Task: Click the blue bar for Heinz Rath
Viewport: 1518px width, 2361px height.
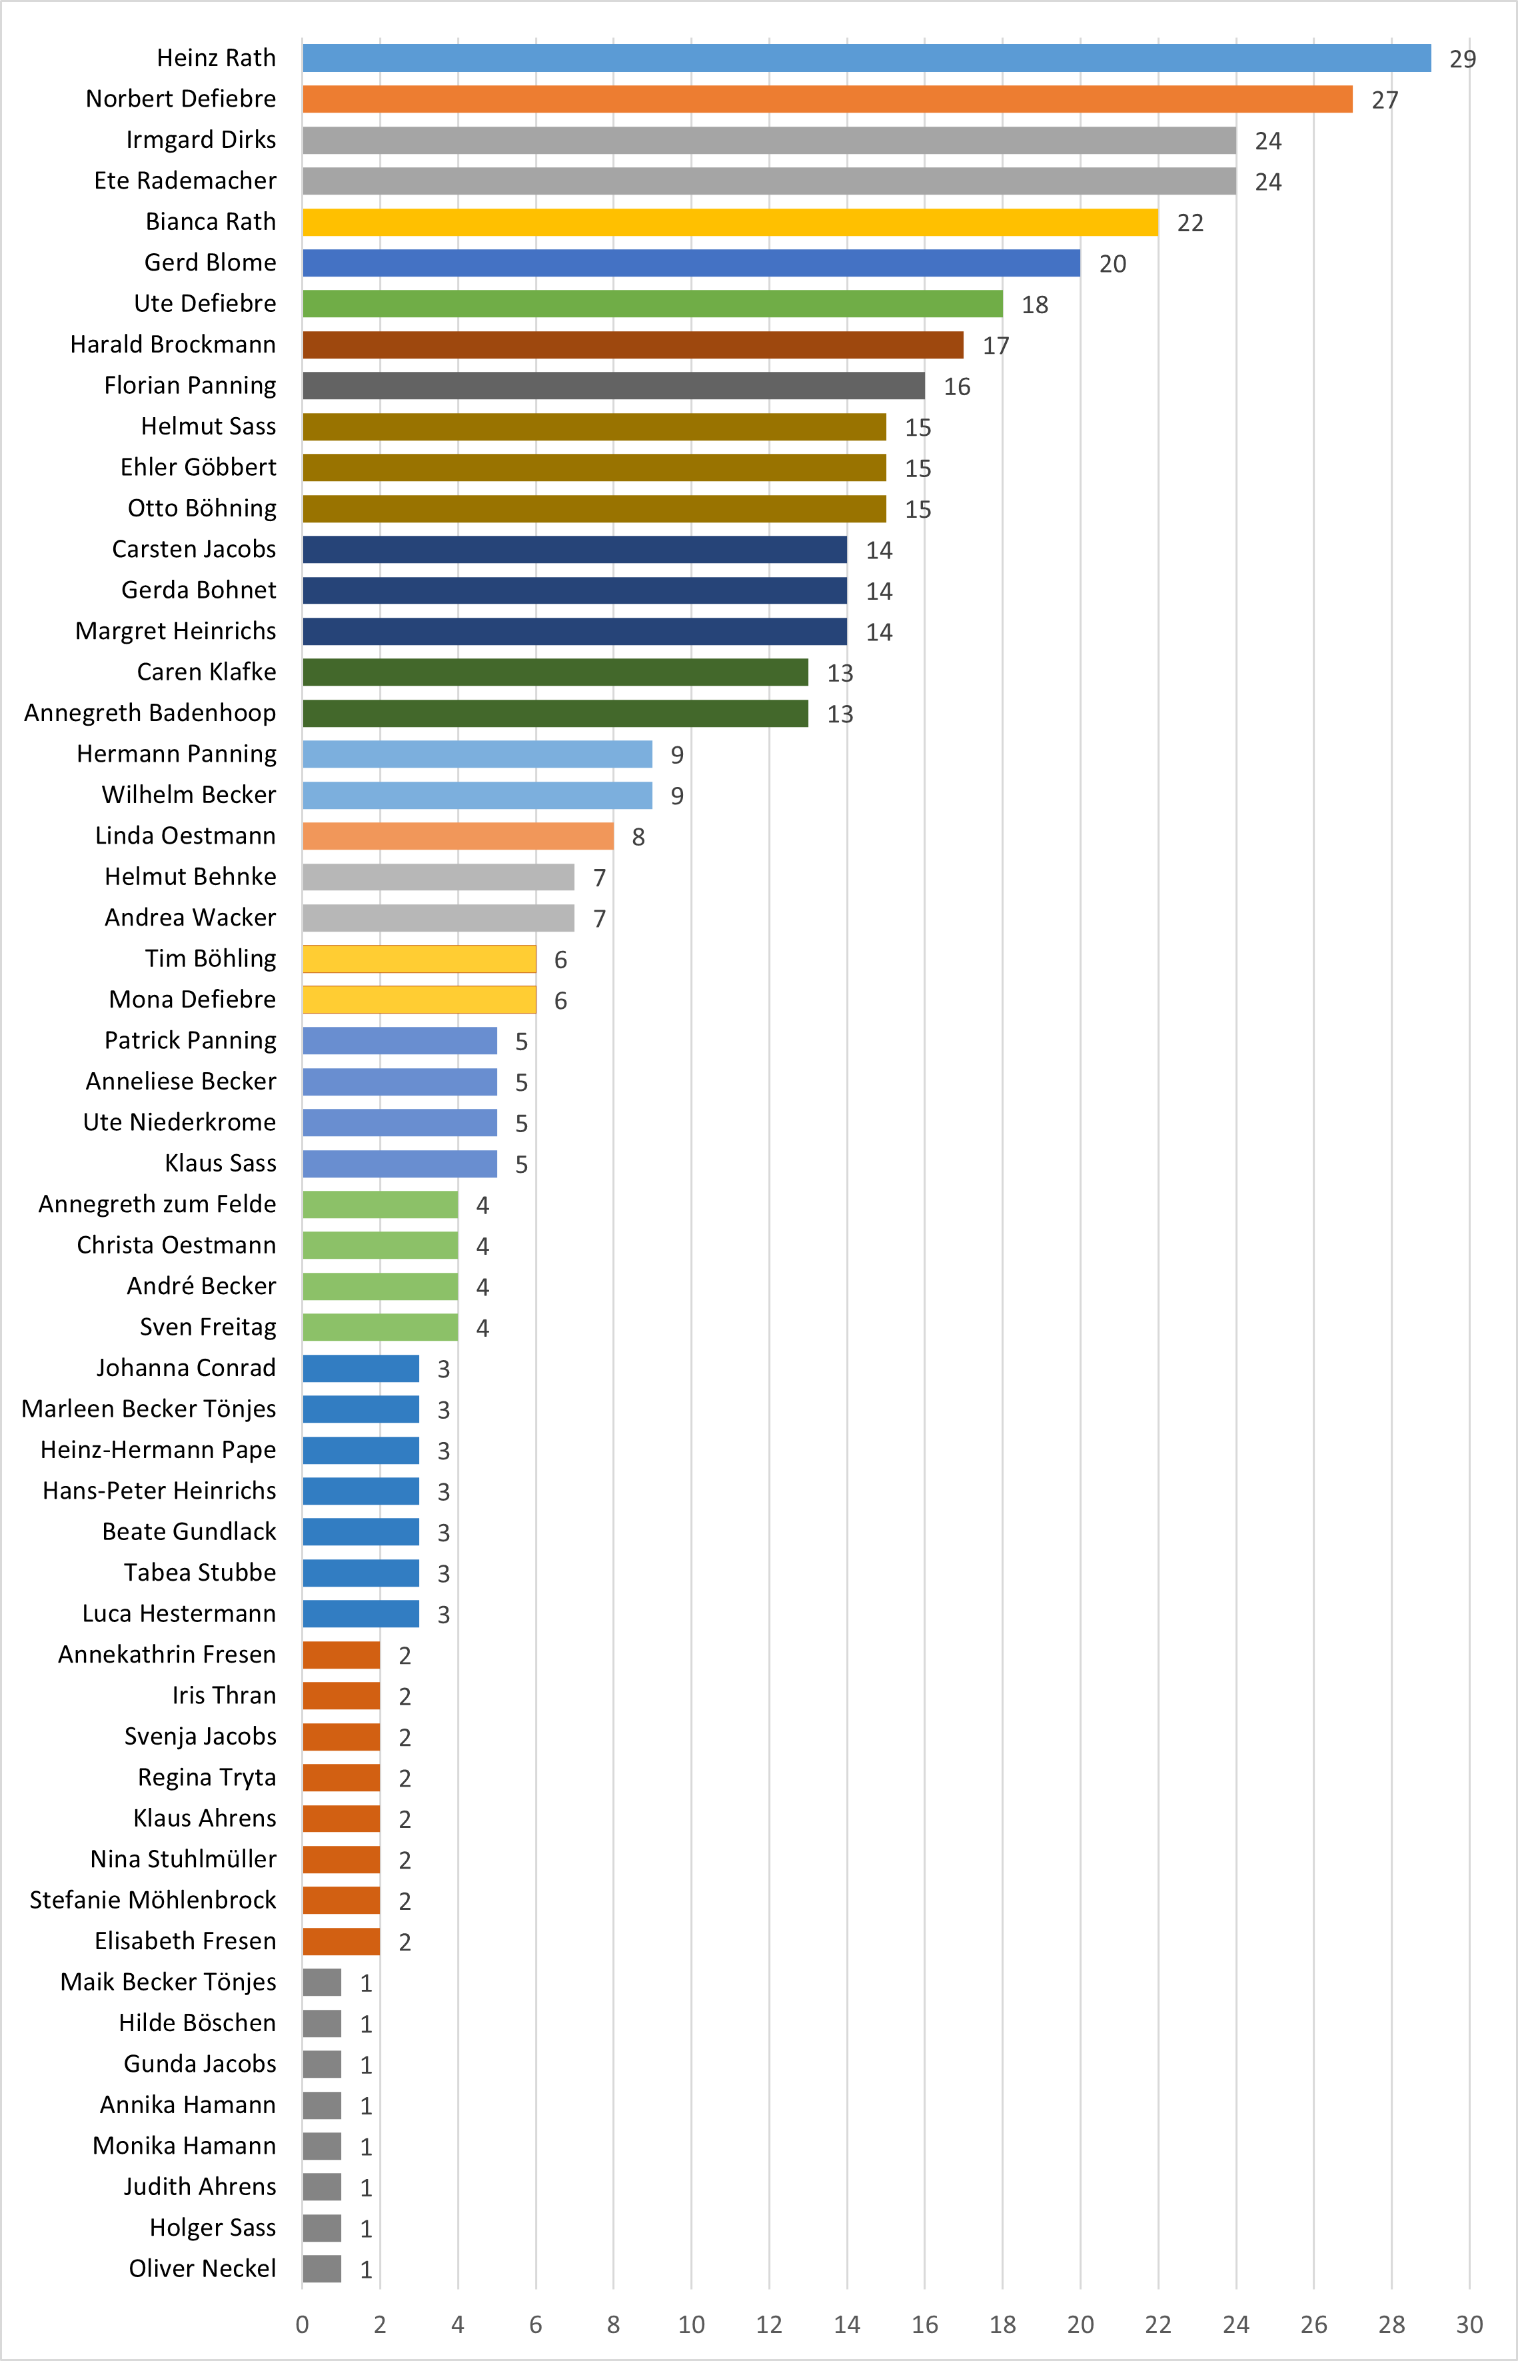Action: [x=866, y=58]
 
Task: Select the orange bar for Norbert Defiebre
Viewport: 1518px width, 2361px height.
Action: [x=827, y=99]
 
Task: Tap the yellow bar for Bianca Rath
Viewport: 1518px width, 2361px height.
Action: [x=730, y=223]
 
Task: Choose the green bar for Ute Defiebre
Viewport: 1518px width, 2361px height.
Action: [x=652, y=304]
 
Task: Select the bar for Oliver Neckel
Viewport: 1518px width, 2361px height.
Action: [x=321, y=2268]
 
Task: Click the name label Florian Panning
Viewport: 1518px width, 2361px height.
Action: [x=190, y=385]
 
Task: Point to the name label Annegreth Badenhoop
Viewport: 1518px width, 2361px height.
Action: [x=150, y=713]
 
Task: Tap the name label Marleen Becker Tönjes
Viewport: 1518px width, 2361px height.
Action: [x=149, y=1409]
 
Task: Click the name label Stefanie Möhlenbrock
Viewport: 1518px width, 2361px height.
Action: [x=153, y=1900]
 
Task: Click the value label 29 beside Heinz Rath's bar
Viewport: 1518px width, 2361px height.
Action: [x=1462, y=59]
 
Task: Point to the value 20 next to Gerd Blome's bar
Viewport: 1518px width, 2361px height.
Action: [x=1112, y=264]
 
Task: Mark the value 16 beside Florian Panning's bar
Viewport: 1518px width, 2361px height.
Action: [x=956, y=387]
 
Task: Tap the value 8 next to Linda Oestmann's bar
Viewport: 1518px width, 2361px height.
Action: [x=638, y=837]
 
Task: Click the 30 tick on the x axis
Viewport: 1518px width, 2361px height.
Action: [x=1469, y=2324]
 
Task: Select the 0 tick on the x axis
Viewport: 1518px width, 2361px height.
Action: [x=303, y=2324]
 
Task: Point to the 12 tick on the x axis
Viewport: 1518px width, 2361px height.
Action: [x=769, y=2324]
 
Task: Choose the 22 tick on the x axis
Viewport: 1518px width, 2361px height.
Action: [x=1158, y=2324]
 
